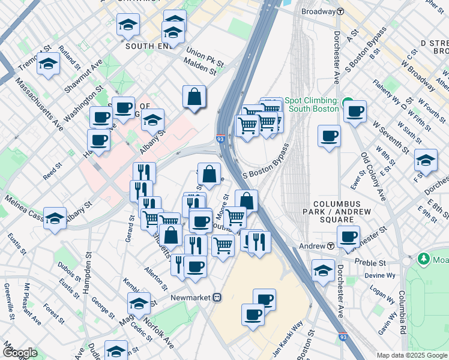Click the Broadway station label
click(318, 11)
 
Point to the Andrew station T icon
click(331, 247)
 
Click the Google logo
click(20, 352)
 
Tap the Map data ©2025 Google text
click(411, 355)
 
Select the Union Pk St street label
click(205, 58)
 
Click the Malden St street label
click(200, 70)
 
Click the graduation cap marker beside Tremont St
click(48, 64)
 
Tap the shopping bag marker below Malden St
click(194, 97)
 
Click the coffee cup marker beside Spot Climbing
click(355, 110)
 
